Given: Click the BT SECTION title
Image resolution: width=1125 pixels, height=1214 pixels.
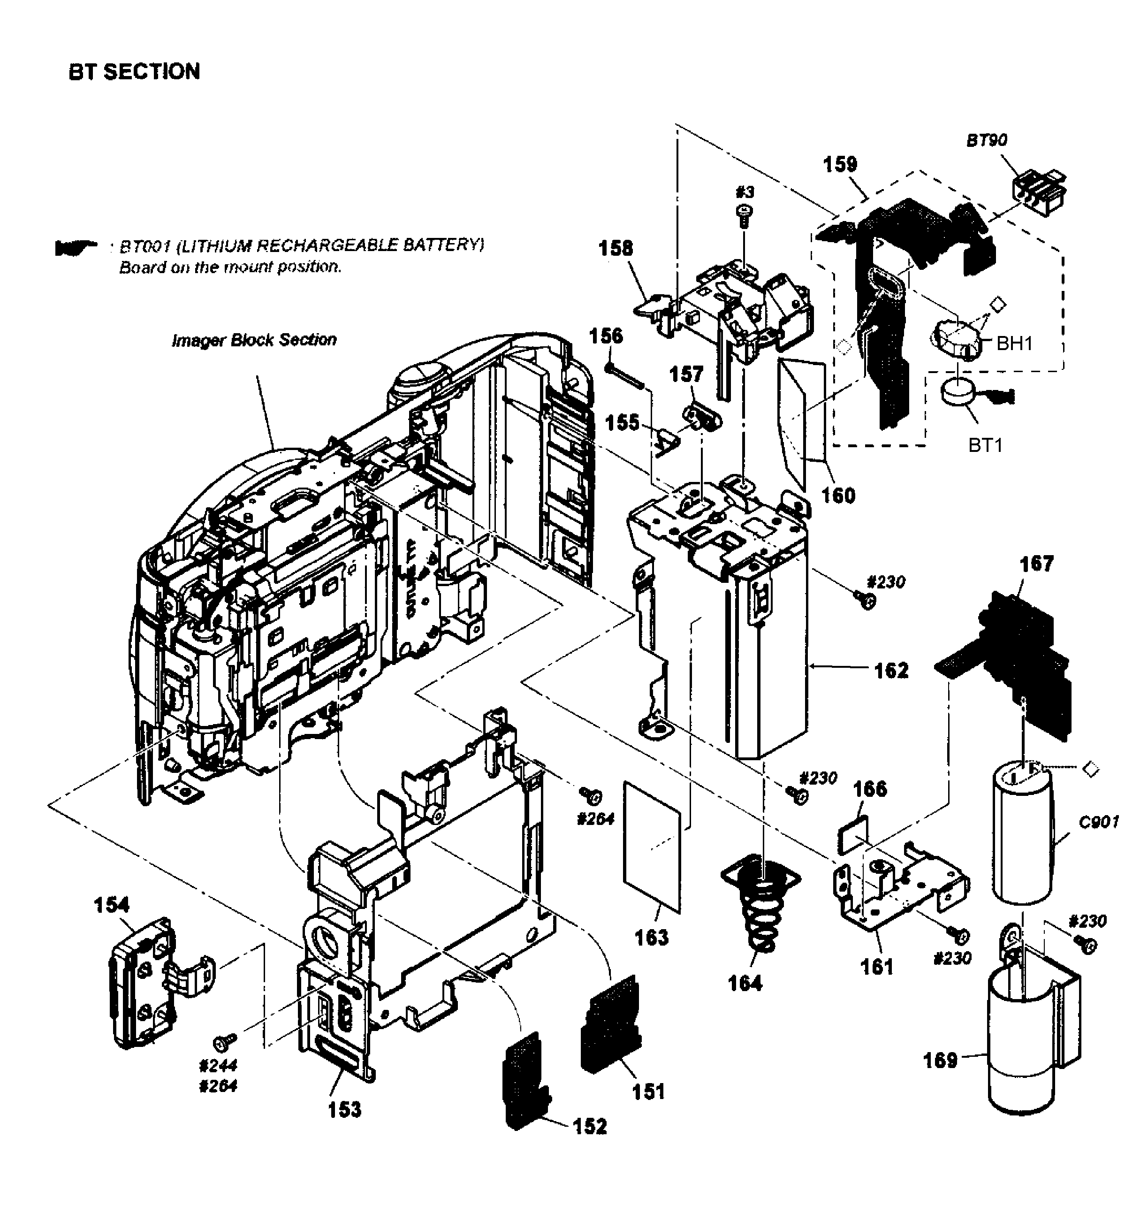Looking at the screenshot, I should tap(135, 72).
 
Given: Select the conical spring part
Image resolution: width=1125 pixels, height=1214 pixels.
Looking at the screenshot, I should tap(761, 913).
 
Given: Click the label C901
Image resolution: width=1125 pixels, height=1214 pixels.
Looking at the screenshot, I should tap(1098, 823).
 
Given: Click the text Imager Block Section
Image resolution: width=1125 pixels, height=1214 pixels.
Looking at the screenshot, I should tap(254, 340).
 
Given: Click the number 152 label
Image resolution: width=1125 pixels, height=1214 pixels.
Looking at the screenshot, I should tap(589, 1126).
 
